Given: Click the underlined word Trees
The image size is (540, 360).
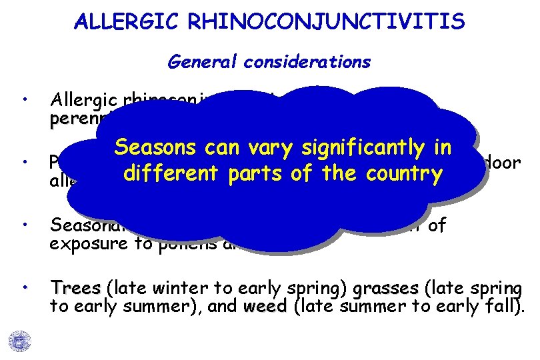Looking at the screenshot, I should pyautogui.click(x=75, y=289).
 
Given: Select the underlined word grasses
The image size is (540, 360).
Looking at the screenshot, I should pyautogui.click(x=385, y=289).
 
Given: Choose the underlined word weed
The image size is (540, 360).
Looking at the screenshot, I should pyautogui.click(x=265, y=306).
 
